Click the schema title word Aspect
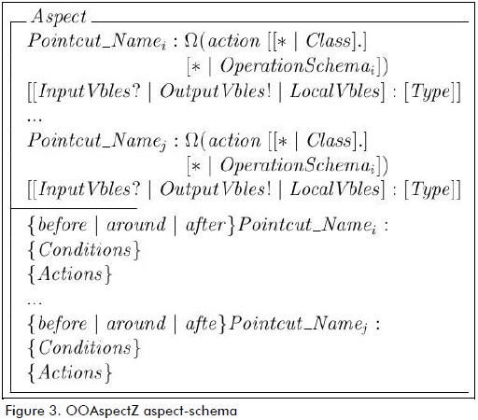(59, 17)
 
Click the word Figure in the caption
(24, 411)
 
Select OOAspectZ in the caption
(102, 411)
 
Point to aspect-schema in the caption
(190, 411)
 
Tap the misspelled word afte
(201, 323)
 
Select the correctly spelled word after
(205, 224)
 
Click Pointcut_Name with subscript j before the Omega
(97, 141)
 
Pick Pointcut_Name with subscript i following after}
(307, 225)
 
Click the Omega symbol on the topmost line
(191, 40)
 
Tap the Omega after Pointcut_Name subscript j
(191, 140)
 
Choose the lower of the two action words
(234, 141)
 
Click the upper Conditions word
(85, 249)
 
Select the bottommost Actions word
(70, 371)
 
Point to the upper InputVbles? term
(89, 91)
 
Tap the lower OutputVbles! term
(216, 189)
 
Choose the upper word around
(136, 225)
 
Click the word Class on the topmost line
(329, 40)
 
